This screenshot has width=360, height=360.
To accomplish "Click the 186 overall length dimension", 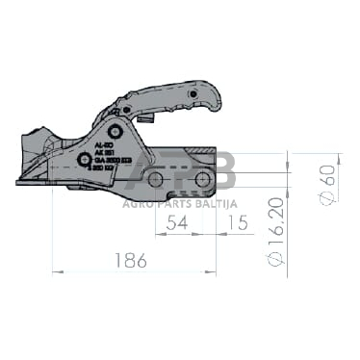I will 135,260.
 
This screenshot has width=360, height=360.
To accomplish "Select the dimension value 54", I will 175,224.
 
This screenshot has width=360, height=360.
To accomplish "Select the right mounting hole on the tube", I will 203,180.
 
